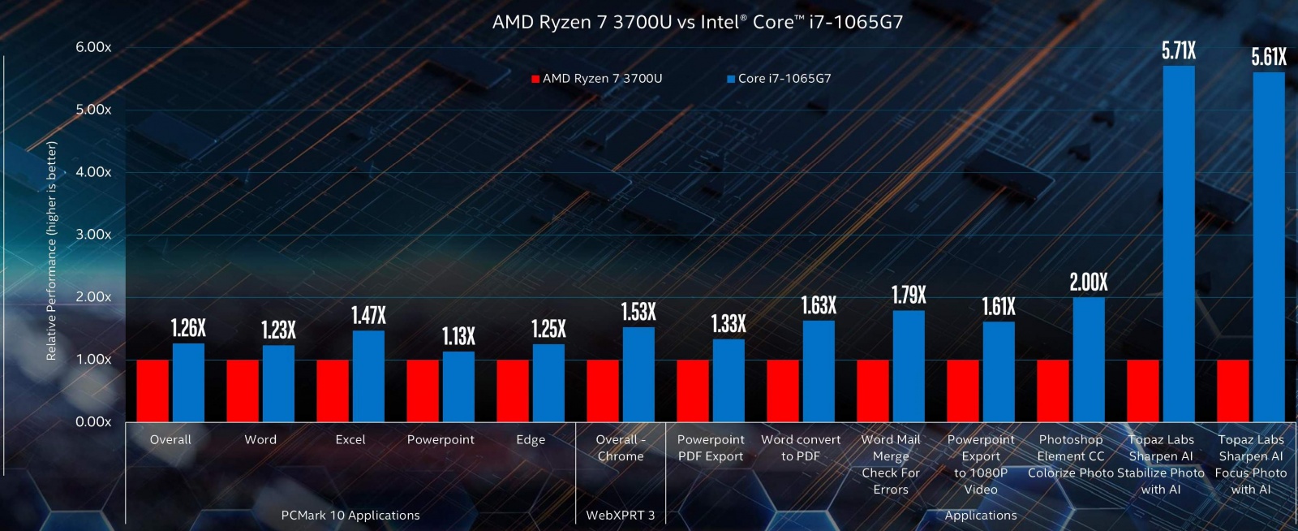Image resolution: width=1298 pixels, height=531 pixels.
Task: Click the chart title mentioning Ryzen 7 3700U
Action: click(x=697, y=22)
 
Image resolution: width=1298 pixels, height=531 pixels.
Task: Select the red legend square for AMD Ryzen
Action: click(x=535, y=79)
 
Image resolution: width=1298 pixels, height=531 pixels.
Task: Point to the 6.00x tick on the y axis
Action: click(x=93, y=47)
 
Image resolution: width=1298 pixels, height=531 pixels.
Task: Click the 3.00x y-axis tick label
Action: click(x=93, y=235)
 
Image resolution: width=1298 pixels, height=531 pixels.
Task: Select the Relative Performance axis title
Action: click(x=52, y=250)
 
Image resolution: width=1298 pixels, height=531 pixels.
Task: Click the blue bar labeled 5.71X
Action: click(x=1179, y=244)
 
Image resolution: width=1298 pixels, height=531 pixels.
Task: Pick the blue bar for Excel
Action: click(x=368, y=376)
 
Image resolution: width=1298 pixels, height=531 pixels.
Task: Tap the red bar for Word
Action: click(x=243, y=391)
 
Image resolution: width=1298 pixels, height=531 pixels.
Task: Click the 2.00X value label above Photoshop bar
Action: click(x=1089, y=283)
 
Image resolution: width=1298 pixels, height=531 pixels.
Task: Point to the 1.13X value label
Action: click(x=458, y=336)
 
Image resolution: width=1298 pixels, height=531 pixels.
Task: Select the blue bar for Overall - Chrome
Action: click(x=638, y=374)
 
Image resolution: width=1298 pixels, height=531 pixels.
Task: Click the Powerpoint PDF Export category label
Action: click(x=711, y=448)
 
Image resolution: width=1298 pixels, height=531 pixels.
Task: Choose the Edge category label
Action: click(x=531, y=440)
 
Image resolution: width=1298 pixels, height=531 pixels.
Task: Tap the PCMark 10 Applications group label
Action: click(x=350, y=516)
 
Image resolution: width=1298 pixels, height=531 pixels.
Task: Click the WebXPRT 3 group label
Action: click(x=621, y=516)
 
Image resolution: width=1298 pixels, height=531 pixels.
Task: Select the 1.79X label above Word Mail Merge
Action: click(x=909, y=296)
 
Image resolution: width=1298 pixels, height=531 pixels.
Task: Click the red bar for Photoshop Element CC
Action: click(x=1053, y=391)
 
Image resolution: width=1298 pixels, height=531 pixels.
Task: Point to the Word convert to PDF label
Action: click(x=801, y=448)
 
